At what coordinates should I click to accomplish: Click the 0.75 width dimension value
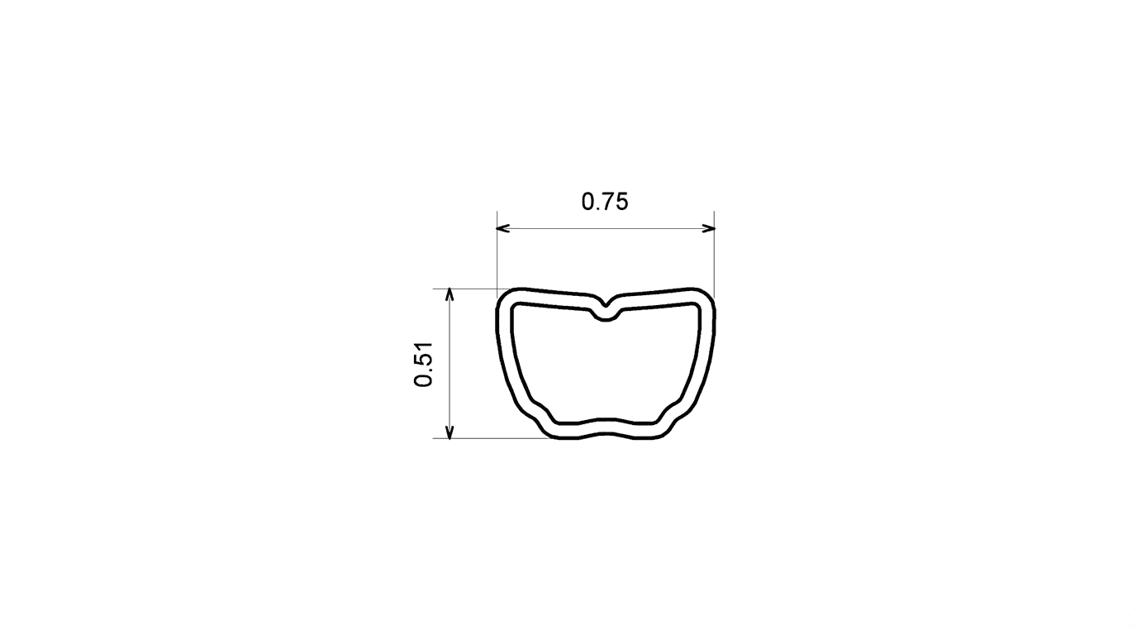pyautogui.click(x=605, y=202)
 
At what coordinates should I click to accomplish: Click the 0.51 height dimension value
pyautogui.click(x=424, y=365)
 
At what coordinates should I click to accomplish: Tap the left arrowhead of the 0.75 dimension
pyautogui.click(x=502, y=228)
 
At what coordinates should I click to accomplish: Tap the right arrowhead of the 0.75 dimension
pyautogui.click(x=709, y=228)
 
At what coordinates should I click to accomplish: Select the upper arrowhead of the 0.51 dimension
pyautogui.click(x=450, y=294)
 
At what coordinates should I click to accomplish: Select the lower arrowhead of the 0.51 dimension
pyautogui.click(x=450, y=432)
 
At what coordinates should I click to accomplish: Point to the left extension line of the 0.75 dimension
pyautogui.click(x=497, y=255)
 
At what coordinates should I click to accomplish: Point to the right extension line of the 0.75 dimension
pyautogui.click(x=714, y=255)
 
